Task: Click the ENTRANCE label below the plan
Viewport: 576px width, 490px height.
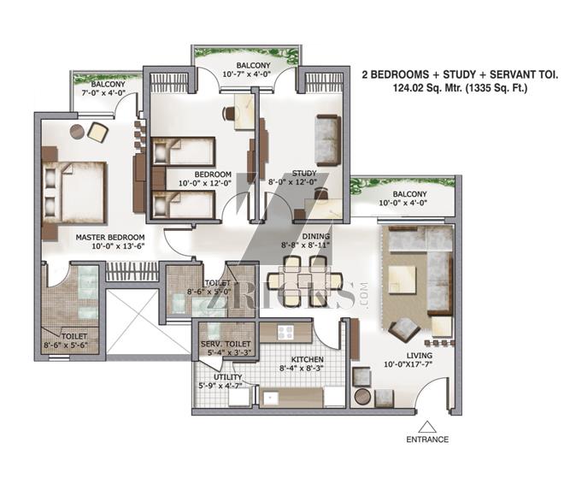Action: pyautogui.click(x=427, y=440)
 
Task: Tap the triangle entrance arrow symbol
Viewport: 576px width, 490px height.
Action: pyautogui.click(x=427, y=427)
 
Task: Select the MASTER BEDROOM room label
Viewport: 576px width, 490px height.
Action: pyautogui.click(x=110, y=238)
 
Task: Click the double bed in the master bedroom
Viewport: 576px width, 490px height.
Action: pyautogui.click(x=74, y=192)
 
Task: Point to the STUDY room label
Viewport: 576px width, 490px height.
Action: pyautogui.click(x=304, y=174)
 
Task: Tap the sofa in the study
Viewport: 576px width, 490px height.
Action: pyautogui.click(x=327, y=140)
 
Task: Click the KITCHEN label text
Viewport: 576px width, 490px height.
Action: pyautogui.click(x=308, y=359)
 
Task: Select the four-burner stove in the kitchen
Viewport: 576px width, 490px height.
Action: pyautogui.click(x=285, y=333)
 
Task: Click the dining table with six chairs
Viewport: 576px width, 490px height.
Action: pyautogui.click(x=305, y=281)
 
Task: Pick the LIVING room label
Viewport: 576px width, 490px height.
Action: pyautogui.click(x=419, y=356)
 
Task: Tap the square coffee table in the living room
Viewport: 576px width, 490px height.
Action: pyautogui.click(x=403, y=280)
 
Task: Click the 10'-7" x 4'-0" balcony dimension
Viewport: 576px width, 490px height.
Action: pyautogui.click(x=247, y=74)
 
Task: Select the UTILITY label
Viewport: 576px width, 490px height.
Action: pyautogui.click(x=228, y=377)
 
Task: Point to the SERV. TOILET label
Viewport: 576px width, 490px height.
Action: pyautogui.click(x=226, y=344)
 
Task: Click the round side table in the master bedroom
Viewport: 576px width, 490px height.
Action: pyautogui.click(x=77, y=132)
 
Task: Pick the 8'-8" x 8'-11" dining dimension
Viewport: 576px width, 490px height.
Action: pyautogui.click(x=306, y=245)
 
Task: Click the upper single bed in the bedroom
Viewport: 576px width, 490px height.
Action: pyautogui.click(x=183, y=151)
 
